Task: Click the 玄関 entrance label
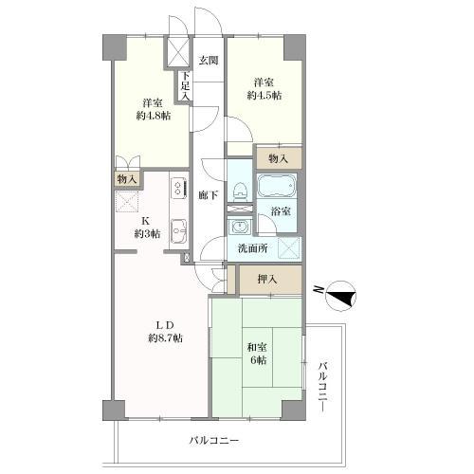click(209, 61)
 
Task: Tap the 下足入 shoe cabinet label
click(187, 87)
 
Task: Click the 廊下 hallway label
click(209, 195)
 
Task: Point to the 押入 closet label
click(268, 279)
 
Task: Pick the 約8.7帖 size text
click(163, 338)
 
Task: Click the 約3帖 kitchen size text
click(147, 234)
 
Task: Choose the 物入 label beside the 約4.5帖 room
click(278, 158)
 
